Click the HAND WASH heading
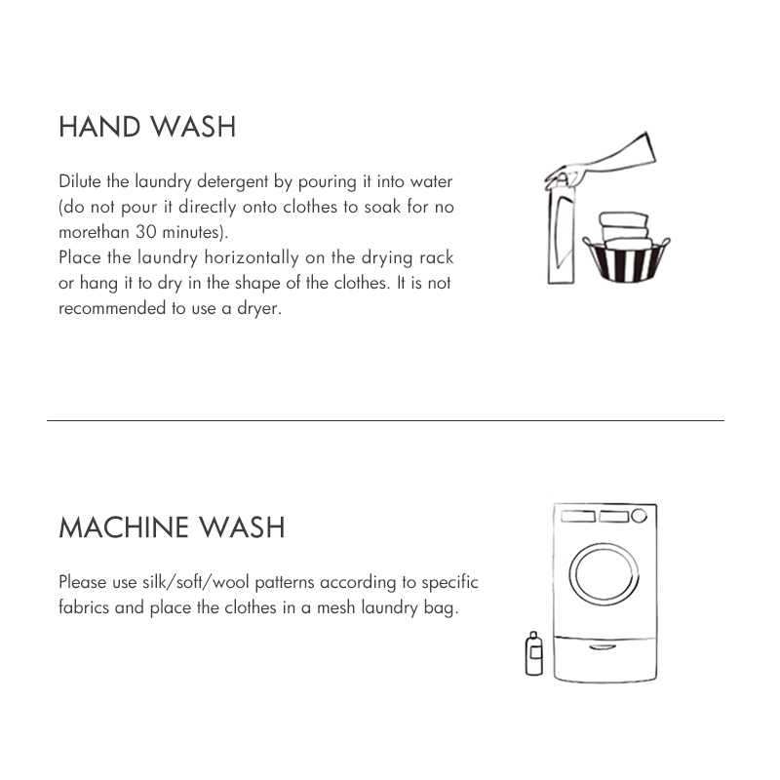coord(147,127)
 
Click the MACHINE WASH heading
coord(172,527)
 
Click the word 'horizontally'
coord(252,257)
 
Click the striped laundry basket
coord(626,260)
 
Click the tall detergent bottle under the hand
coord(562,233)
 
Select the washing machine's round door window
coord(604,574)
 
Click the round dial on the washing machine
coord(640,516)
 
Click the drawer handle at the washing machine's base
coord(603,647)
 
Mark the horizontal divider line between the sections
coord(385,421)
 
